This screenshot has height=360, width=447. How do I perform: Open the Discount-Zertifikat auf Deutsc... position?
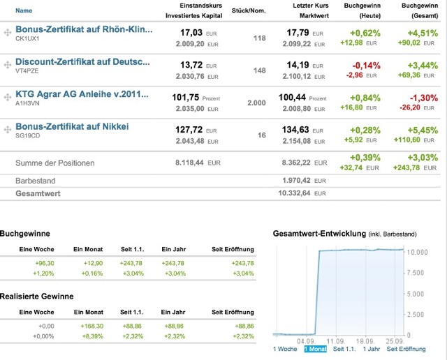(82, 62)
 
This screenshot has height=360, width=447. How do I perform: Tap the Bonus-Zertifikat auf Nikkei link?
(72, 126)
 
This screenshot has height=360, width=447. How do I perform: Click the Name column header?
(24, 10)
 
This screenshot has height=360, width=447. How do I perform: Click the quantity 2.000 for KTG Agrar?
(256, 103)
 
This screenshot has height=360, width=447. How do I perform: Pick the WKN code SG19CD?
(27, 137)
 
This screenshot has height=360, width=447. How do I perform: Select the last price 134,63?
(298, 129)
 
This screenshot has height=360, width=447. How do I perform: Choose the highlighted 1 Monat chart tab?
(316, 349)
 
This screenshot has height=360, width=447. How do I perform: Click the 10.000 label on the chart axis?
(417, 251)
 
